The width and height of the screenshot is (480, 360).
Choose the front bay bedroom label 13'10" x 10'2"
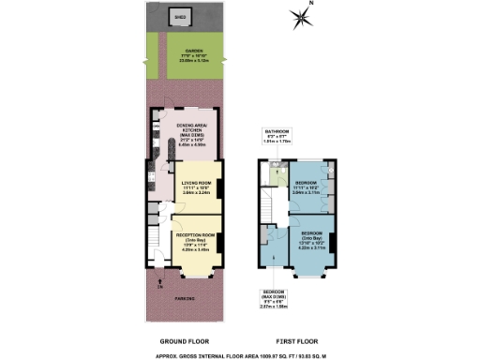pyautogui.click(x=310, y=238)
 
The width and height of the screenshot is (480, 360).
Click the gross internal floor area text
pyautogui.click(x=239, y=354)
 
